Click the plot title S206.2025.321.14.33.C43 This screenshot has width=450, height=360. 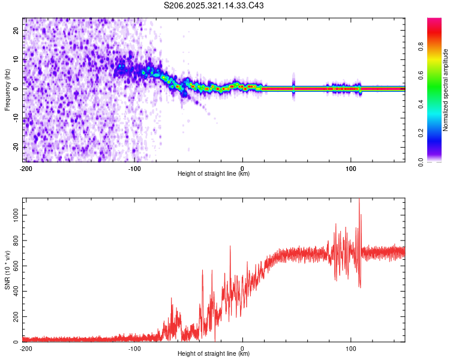pos(214,5)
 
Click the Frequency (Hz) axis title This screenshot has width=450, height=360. pos(7,89)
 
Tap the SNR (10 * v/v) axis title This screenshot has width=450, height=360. pos(7,270)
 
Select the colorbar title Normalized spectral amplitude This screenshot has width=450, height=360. pos(445,90)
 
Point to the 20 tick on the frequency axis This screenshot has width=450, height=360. pos(16,29)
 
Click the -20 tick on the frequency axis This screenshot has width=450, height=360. pos(15,147)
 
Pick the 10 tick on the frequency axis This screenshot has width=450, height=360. pos(16,59)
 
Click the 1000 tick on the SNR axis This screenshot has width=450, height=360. pos(13,214)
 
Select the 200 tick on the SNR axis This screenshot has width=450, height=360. pos(14,316)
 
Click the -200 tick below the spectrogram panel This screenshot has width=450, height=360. pos(26,168)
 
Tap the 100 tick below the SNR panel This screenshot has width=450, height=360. pos(350,348)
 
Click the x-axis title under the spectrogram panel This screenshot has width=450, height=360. pos(214,174)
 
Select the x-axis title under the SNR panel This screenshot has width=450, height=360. pos(214,354)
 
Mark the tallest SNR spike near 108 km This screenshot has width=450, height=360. pos(359,200)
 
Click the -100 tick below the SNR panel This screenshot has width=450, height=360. pos(134,348)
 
